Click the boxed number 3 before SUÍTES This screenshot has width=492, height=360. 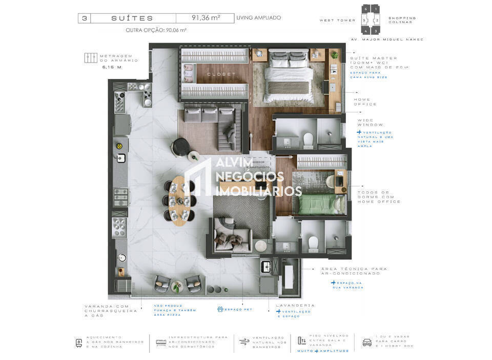(84, 18)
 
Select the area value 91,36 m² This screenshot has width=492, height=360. (206, 18)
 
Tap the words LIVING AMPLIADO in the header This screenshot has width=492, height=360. (258, 18)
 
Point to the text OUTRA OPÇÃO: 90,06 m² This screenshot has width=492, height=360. (156, 30)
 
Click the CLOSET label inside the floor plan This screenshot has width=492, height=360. (221, 74)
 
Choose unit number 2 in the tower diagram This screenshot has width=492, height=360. (377, 21)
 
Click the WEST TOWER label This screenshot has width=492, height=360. (338, 21)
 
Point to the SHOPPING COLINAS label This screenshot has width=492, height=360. (402, 20)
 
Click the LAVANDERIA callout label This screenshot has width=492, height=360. (295, 305)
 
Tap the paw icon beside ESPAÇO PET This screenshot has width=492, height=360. (220, 309)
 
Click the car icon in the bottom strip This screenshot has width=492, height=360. (366, 342)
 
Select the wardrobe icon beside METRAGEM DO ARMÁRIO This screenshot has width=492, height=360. (91, 58)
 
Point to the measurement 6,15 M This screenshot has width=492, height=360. (111, 67)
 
